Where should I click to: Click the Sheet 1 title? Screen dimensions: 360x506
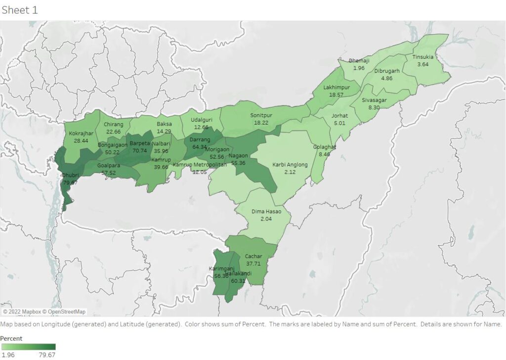pos(20,10)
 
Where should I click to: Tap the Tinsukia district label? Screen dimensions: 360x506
pos(422,57)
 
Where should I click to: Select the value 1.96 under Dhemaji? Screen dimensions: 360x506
pos(359,68)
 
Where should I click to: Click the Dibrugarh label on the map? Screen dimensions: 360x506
pos(386,71)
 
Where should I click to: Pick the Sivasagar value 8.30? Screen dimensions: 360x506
pos(374,107)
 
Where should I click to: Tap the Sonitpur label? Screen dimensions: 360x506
pos(261,115)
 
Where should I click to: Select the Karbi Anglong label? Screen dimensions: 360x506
pos(290,165)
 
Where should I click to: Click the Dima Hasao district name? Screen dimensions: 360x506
pos(266,212)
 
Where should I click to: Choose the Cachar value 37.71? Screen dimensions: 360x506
pos(253,264)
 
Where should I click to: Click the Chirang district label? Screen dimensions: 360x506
pos(114,125)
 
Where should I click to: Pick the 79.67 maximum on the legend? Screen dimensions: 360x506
pos(47,355)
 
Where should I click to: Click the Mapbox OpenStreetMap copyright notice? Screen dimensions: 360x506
pos(44,312)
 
